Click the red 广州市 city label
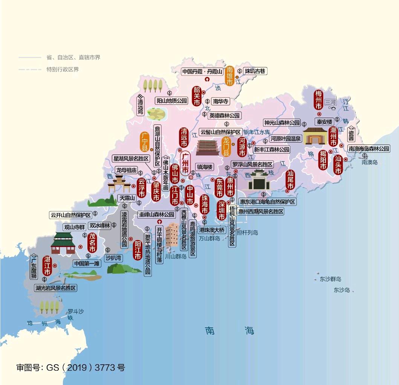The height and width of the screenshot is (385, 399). point(185,163)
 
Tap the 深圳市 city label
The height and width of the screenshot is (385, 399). point(222,210)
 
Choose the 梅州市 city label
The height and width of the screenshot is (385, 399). point(319,100)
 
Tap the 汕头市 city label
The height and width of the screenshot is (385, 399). point(338,165)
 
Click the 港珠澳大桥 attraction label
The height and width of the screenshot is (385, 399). point(212,230)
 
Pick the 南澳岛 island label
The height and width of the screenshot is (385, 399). point(369,163)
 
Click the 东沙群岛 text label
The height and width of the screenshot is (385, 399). point(330,279)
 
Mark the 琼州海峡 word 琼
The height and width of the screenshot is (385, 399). point(30,323)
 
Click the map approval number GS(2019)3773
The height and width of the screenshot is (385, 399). point(70,367)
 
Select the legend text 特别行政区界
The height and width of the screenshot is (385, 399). point(63,69)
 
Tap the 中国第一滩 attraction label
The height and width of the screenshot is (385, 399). point(87,264)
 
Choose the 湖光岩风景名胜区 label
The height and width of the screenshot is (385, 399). point(56,288)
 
